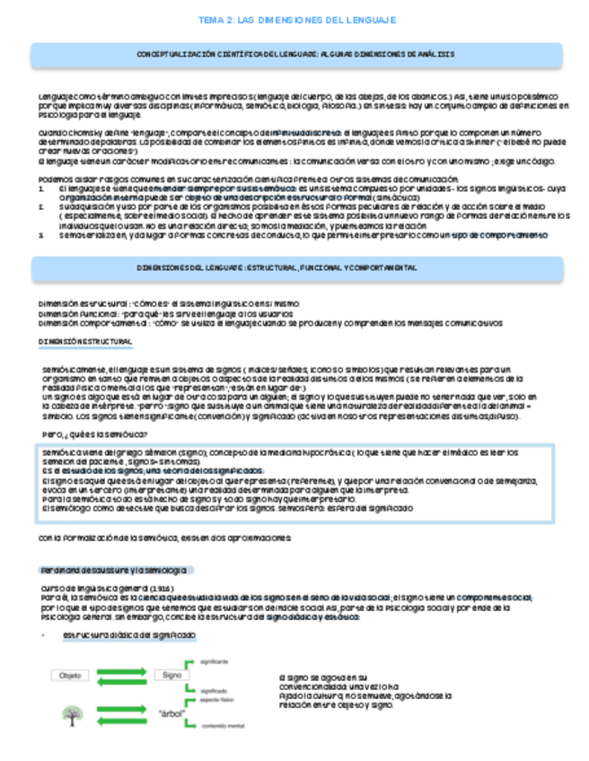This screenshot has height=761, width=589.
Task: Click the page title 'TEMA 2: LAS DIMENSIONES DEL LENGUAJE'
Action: click(295, 19)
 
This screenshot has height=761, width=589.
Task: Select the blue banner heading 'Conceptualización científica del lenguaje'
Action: click(295, 55)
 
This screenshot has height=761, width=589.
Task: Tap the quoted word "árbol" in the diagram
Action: click(171, 714)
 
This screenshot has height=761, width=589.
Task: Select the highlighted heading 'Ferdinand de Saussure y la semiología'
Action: click(115, 571)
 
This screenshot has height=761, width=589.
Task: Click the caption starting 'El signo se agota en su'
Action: click(324, 677)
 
